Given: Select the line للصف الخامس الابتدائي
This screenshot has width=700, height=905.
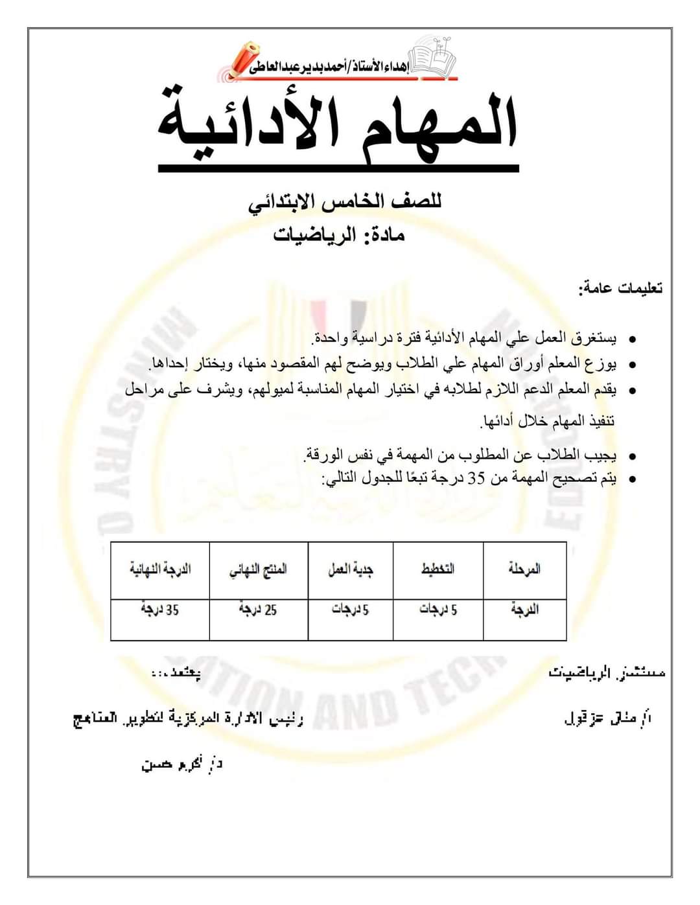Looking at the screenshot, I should (345, 202).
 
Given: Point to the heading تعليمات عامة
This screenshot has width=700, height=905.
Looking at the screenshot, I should (620, 289).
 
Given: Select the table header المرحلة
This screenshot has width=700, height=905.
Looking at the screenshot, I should (524, 569).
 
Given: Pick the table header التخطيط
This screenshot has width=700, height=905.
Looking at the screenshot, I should (438, 569).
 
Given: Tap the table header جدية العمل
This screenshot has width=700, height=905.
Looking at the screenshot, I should (350, 569).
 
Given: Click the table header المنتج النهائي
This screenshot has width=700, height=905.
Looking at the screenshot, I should (258, 569).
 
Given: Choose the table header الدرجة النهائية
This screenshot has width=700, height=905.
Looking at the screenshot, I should (160, 569).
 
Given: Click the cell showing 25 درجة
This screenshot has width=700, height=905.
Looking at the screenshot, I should (258, 610).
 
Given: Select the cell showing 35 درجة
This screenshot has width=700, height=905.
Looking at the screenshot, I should (160, 610).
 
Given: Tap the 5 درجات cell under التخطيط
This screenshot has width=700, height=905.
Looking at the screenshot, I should (438, 610).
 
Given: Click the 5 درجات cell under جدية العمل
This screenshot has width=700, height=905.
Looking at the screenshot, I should (350, 610).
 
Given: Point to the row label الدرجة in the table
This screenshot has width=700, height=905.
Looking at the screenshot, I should (524, 610).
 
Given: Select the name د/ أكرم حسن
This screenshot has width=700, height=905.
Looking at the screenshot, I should (182, 764).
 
